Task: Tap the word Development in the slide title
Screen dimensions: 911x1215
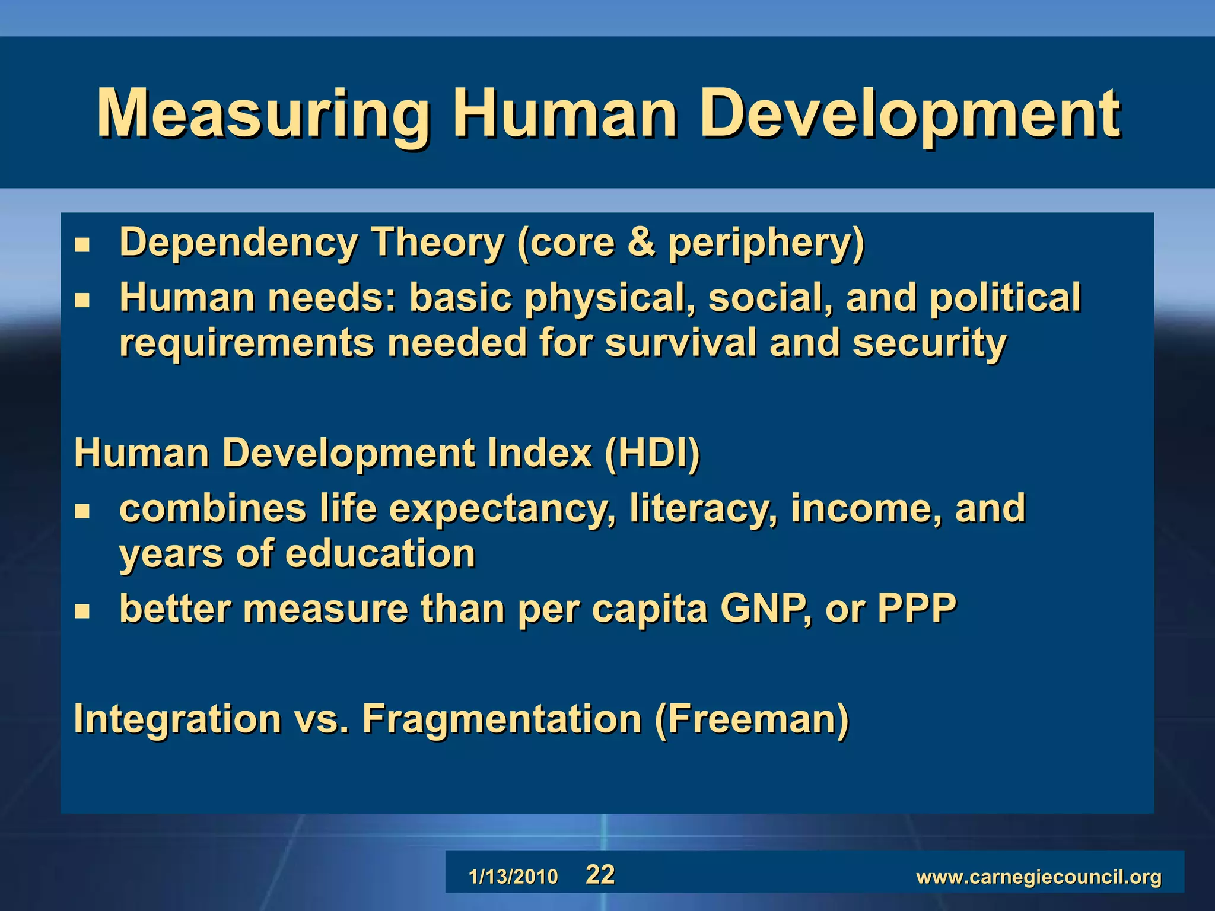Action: click(x=910, y=114)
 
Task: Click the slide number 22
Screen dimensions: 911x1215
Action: click(x=600, y=875)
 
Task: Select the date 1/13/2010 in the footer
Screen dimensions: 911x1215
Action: click(x=513, y=877)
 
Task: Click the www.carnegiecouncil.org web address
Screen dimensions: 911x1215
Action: click(x=1039, y=877)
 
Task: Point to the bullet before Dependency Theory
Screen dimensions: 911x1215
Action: click(x=82, y=245)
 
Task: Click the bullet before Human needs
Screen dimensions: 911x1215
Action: click(x=82, y=300)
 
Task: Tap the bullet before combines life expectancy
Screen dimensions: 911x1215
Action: click(x=82, y=511)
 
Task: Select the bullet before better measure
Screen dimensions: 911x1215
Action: click(x=82, y=611)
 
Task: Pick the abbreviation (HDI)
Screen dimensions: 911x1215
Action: click(x=651, y=454)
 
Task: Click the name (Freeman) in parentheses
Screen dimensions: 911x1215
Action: click(x=752, y=719)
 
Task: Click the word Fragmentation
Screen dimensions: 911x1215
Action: click(x=502, y=719)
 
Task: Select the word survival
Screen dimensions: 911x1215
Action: click(x=680, y=343)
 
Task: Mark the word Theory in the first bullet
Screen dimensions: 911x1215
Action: click(x=437, y=243)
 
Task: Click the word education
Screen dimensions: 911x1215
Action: click(x=380, y=554)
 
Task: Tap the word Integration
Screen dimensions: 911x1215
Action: click(x=177, y=719)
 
